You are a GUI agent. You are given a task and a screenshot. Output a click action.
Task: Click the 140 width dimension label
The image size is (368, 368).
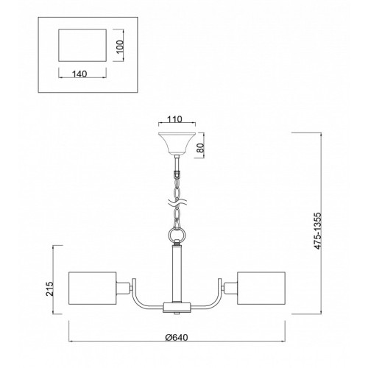[79, 74]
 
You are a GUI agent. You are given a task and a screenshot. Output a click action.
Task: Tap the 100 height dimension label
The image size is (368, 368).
[120, 46]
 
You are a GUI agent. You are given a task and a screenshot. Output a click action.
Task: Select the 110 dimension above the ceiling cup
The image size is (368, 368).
[174, 119]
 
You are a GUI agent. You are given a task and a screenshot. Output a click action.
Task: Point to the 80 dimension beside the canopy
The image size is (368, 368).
[200, 148]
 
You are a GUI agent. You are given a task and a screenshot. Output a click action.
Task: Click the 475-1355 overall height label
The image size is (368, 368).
[318, 231]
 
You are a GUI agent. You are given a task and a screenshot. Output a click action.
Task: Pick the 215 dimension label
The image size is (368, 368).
[49, 289]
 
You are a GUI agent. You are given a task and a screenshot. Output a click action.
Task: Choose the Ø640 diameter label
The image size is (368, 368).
[177, 338]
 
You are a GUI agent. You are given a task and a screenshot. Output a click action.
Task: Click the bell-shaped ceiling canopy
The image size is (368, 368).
[177, 144]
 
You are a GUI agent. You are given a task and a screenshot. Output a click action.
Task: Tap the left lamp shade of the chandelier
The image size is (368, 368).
[92, 288]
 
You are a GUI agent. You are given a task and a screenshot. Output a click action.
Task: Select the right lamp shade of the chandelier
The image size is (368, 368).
[261, 288]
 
